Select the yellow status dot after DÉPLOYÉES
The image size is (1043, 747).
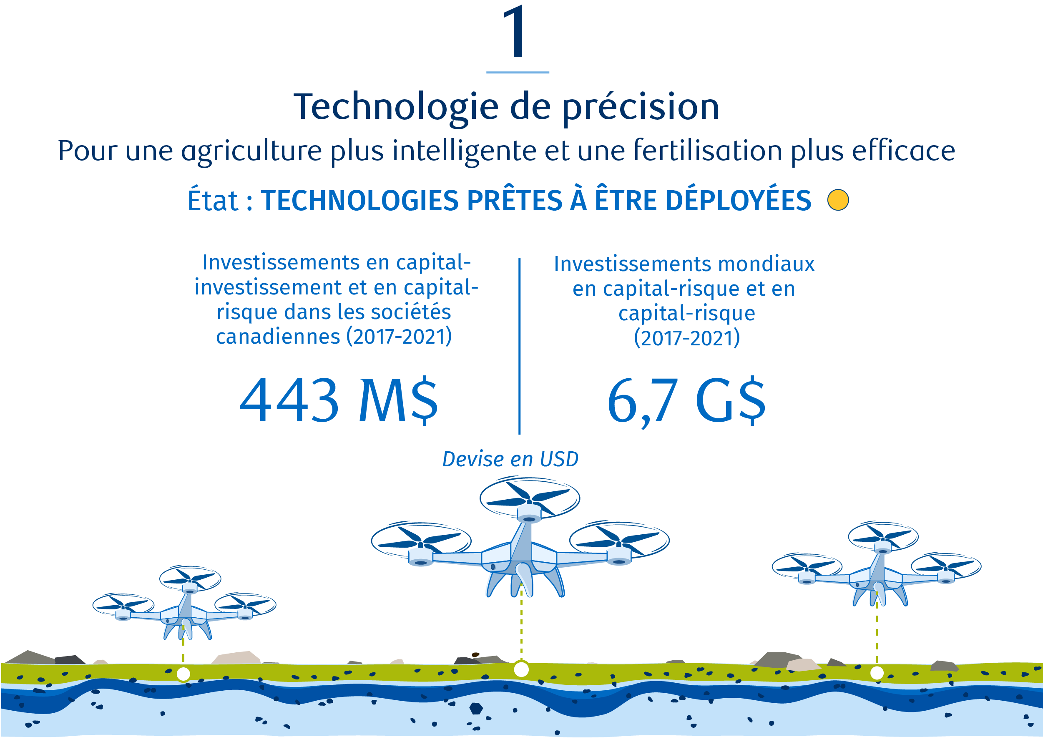click(x=838, y=200)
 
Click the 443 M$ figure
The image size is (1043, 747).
click(x=339, y=400)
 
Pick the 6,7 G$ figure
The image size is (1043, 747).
click(x=686, y=401)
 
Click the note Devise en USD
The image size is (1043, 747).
click(x=510, y=460)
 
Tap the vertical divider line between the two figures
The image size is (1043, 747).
click(x=520, y=346)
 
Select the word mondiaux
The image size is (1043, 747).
click(x=767, y=264)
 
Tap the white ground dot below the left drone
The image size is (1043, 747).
click(x=183, y=674)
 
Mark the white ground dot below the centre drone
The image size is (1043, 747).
click(x=521, y=669)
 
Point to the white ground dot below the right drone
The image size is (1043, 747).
click(x=877, y=673)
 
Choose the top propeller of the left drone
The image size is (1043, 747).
click(x=190, y=578)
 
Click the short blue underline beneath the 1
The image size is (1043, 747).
click(x=518, y=72)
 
